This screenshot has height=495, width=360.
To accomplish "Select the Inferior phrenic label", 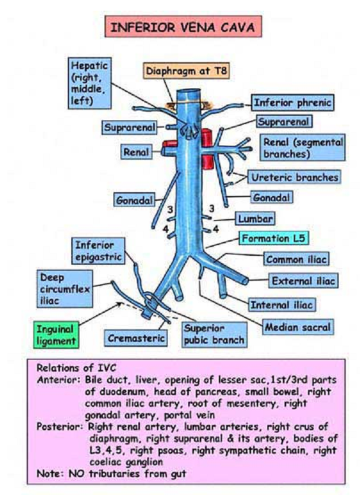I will tap(291, 103).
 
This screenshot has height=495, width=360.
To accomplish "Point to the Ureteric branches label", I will tap(293, 177).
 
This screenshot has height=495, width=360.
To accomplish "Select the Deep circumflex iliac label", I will tap(65, 289).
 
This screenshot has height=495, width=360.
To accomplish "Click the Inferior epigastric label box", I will tap(98, 250).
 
